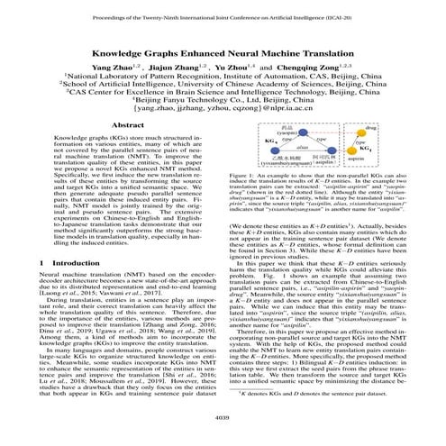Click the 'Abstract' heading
coord(116,132)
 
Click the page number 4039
coord(223,416)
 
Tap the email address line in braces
coord(223,117)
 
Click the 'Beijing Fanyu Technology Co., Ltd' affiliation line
coord(223,107)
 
